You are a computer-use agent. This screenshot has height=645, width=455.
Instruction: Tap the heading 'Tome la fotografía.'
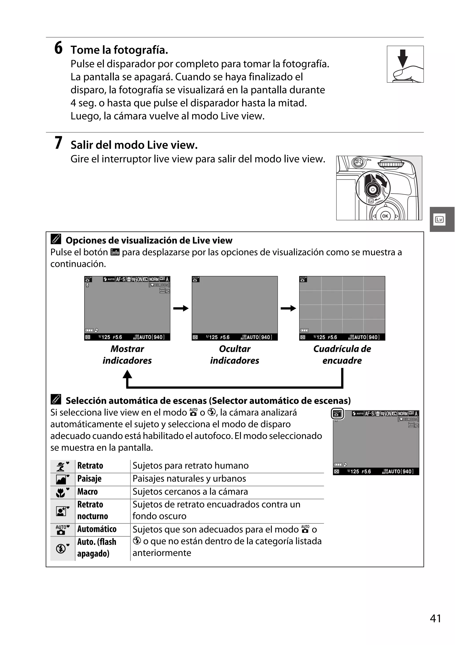click(119, 50)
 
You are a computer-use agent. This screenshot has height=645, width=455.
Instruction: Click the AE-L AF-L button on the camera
click(358, 162)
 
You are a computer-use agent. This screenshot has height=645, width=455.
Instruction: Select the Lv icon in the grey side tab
click(439, 219)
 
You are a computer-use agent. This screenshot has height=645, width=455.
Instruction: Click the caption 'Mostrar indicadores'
click(127, 355)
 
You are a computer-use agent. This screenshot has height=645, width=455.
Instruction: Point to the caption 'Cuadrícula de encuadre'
click(342, 355)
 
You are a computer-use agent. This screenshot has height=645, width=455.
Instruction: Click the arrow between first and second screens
click(181, 308)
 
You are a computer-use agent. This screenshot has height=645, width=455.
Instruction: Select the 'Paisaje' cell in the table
click(90, 479)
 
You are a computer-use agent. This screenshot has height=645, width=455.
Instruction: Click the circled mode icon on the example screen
click(337, 414)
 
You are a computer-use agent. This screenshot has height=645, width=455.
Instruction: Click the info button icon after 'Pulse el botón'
click(115, 252)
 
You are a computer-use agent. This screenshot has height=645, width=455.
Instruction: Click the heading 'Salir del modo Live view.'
click(134, 145)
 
